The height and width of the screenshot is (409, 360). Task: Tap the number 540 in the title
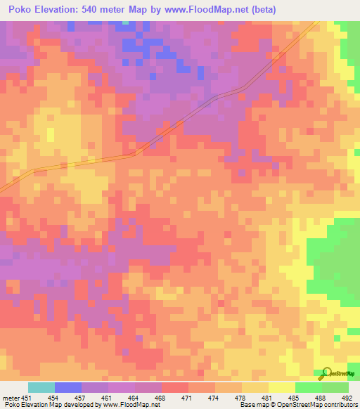[98, 9]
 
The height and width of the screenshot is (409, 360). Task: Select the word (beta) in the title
[264, 9]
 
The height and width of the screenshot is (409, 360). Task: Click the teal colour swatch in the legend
[41, 387]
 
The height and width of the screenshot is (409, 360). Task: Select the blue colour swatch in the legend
[68, 387]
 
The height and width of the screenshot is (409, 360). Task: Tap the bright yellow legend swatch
[281, 387]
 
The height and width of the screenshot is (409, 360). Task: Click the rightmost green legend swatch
[335, 387]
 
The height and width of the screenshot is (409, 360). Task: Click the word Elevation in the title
[58, 9]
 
